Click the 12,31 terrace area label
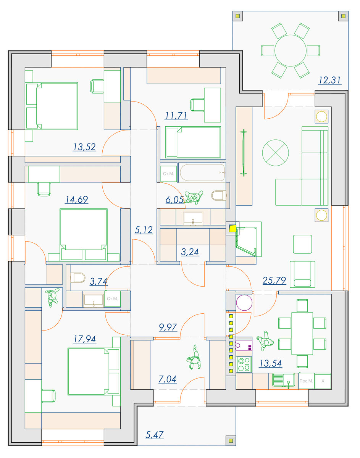(330, 80)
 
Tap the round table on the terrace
(291, 51)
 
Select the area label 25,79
(274, 280)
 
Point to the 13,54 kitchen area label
(270, 363)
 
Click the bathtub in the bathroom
(202, 173)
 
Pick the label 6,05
(175, 200)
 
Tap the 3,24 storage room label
(190, 252)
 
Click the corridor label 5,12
(144, 230)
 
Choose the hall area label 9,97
(168, 327)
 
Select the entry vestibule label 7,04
(167, 379)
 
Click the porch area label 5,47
(155, 435)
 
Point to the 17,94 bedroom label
(85, 339)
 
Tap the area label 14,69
(77, 200)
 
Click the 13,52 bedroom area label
(84, 147)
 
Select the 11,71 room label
(176, 116)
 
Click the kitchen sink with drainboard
(284, 381)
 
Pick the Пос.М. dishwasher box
(307, 381)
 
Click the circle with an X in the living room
(275, 153)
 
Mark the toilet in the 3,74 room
(77, 277)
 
